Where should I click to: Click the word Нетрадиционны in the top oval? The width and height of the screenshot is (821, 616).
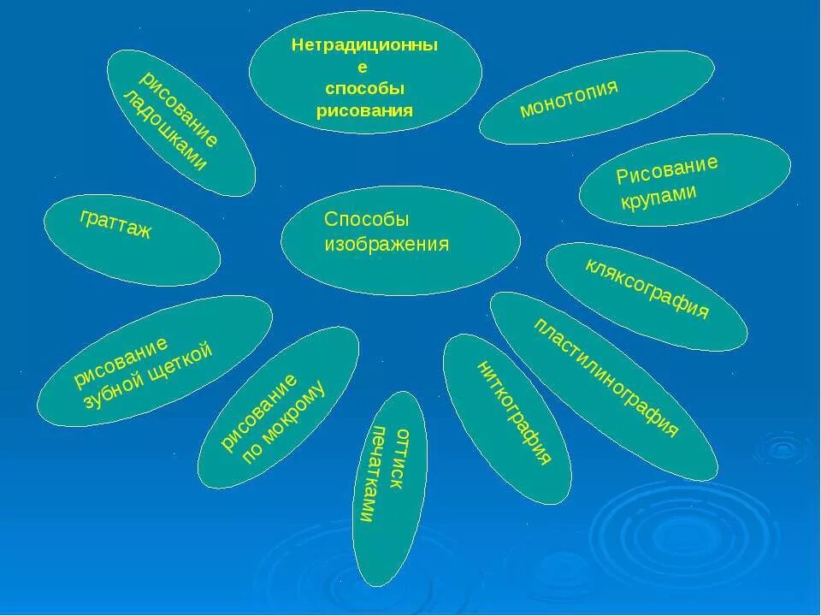pyautogui.click(x=364, y=46)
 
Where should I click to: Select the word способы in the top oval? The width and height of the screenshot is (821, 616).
pyautogui.click(x=364, y=88)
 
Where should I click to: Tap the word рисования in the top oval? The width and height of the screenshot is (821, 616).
pyautogui.click(x=364, y=110)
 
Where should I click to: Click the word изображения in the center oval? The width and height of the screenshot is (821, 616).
pyautogui.click(x=387, y=245)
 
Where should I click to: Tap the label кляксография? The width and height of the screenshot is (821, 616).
pyautogui.click(x=647, y=287)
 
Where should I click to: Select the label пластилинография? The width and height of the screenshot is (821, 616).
pyautogui.click(x=605, y=377)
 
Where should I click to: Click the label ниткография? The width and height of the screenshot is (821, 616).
pyautogui.click(x=513, y=413)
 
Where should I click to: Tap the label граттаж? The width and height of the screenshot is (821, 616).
pyautogui.click(x=116, y=224)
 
